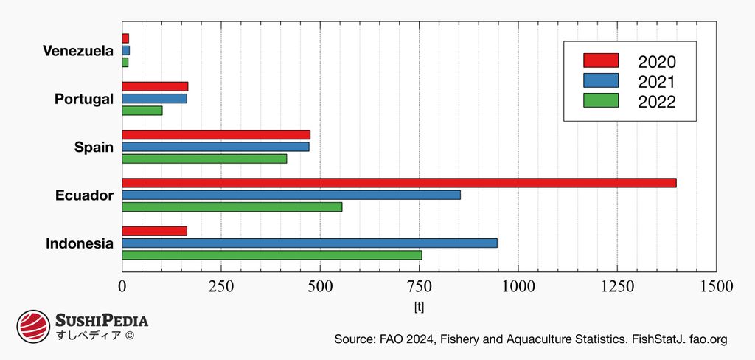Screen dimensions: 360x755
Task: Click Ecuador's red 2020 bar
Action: click(x=399, y=183)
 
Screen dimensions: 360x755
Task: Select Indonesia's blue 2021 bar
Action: click(x=310, y=243)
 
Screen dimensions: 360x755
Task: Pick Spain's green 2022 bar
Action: click(x=204, y=159)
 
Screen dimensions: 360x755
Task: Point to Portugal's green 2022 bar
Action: click(x=142, y=111)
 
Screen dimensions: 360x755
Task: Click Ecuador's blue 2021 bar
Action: click(x=291, y=195)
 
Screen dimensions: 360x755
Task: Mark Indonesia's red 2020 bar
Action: click(x=154, y=231)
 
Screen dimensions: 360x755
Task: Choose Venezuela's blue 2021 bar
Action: click(x=126, y=50)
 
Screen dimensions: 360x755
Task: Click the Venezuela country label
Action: click(x=78, y=51)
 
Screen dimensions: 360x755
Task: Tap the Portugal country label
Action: click(x=84, y=99)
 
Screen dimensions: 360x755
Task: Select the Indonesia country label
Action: click(x=80, y=243)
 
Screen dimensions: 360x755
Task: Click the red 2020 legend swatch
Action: click(x=600, y=60)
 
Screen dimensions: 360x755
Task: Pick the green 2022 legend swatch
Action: click(x=600, y=100)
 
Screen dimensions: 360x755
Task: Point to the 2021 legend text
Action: click(x=656, y=82)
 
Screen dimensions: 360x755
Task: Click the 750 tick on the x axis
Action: click(x=419, y=286)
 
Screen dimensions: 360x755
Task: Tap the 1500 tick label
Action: click(x=715, y=286)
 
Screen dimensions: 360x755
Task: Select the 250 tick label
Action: click(x=220, y=286)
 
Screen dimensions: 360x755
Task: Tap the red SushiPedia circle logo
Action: click(x=33, y=325)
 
